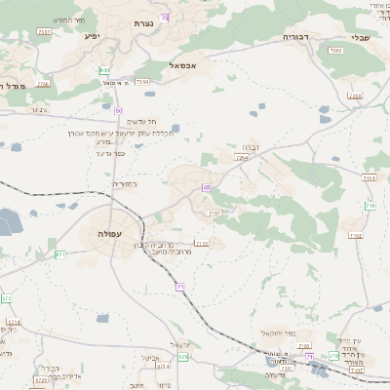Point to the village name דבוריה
click(295, 36)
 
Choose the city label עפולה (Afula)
click(110, 234)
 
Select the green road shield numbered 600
click(104, 70)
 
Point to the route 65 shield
click(207, 187)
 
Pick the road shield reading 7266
click(335, 50)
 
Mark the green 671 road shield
click(60, 253)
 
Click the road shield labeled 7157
click(215, 213)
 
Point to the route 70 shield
click(166, 18)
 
